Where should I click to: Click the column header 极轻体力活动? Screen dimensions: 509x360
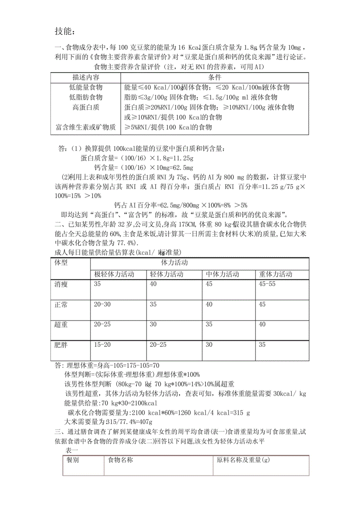click(114, 274)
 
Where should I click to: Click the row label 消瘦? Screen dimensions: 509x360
click(61, 284)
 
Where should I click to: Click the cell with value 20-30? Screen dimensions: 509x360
click(103, 304)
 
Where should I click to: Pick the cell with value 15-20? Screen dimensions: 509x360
click(103, 344)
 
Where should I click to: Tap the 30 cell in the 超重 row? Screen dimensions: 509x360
click(154, 324)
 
